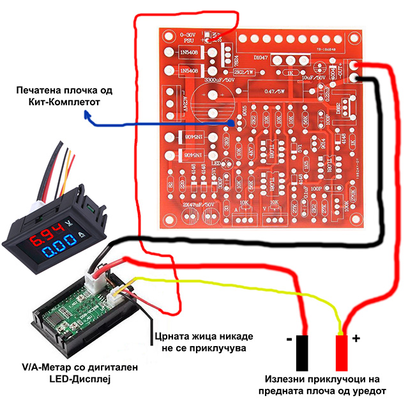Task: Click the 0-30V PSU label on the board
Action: click(x=191, y=36)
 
